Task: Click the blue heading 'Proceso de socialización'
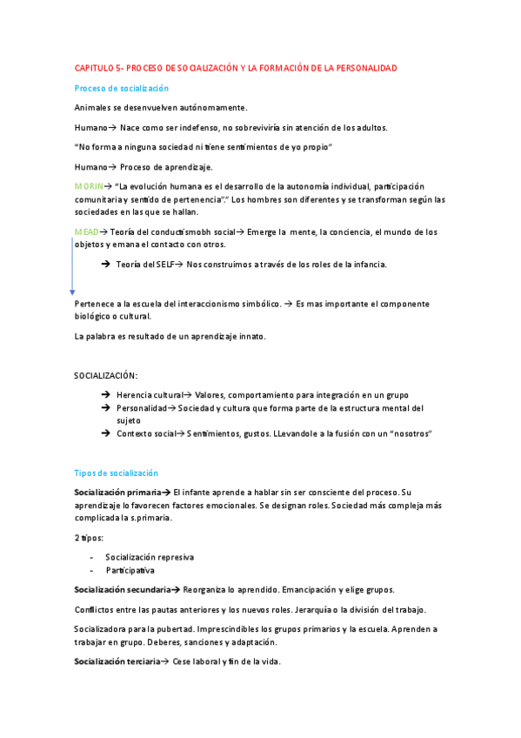click(x=122, y=88)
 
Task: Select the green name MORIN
click(x=89, y=186)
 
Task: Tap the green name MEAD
click(x=86, y=232)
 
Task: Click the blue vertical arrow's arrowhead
click(x=72, y=292)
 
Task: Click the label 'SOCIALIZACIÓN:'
click(x=105, y=375)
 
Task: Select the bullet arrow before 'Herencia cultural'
click(x=105, y=395)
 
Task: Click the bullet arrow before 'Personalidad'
click(x=105, y=407)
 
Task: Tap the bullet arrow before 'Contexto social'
click(x=105, y=433)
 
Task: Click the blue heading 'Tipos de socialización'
click(x=117, y=473)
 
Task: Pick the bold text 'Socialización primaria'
click(x=117, y=493)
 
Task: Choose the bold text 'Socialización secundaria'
click(x=122, y=590)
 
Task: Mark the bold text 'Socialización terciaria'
click(x=117, y=662)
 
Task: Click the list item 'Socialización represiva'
click(x=150, y=557)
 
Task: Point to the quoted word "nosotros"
click(x=410, y=433)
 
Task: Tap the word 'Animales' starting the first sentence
click(x=92, y=108)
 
